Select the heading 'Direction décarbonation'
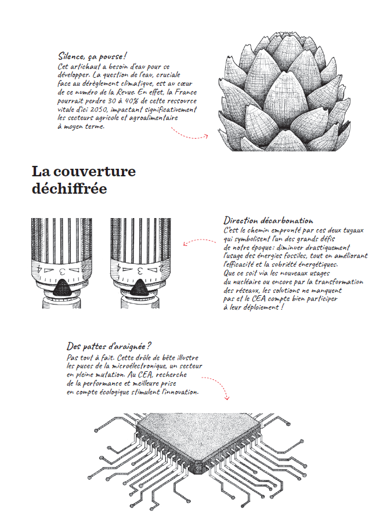(x=268, y=221)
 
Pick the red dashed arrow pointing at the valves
(x=199, y=241)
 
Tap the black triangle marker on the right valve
(x=142, y=285)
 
